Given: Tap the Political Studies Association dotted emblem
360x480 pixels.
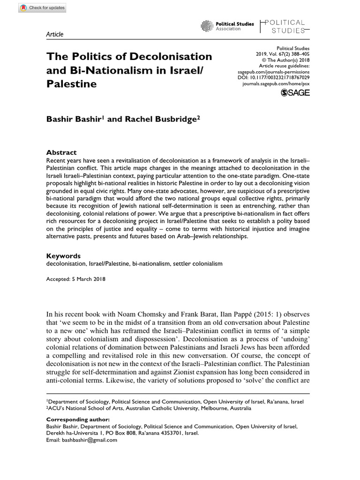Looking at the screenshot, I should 207,26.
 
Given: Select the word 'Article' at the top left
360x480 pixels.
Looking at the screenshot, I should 54,34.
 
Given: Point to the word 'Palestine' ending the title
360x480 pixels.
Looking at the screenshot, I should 71,84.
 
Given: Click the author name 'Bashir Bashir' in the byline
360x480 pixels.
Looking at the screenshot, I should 73,119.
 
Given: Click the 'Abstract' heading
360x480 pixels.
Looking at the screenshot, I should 61,152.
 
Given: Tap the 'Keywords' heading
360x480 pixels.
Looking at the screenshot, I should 63,256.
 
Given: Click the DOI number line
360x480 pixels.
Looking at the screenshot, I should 280,77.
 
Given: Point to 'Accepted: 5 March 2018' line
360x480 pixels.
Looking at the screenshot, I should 75,279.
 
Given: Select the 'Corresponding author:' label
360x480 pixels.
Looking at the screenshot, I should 78,419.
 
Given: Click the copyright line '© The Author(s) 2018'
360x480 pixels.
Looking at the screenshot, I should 285,60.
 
